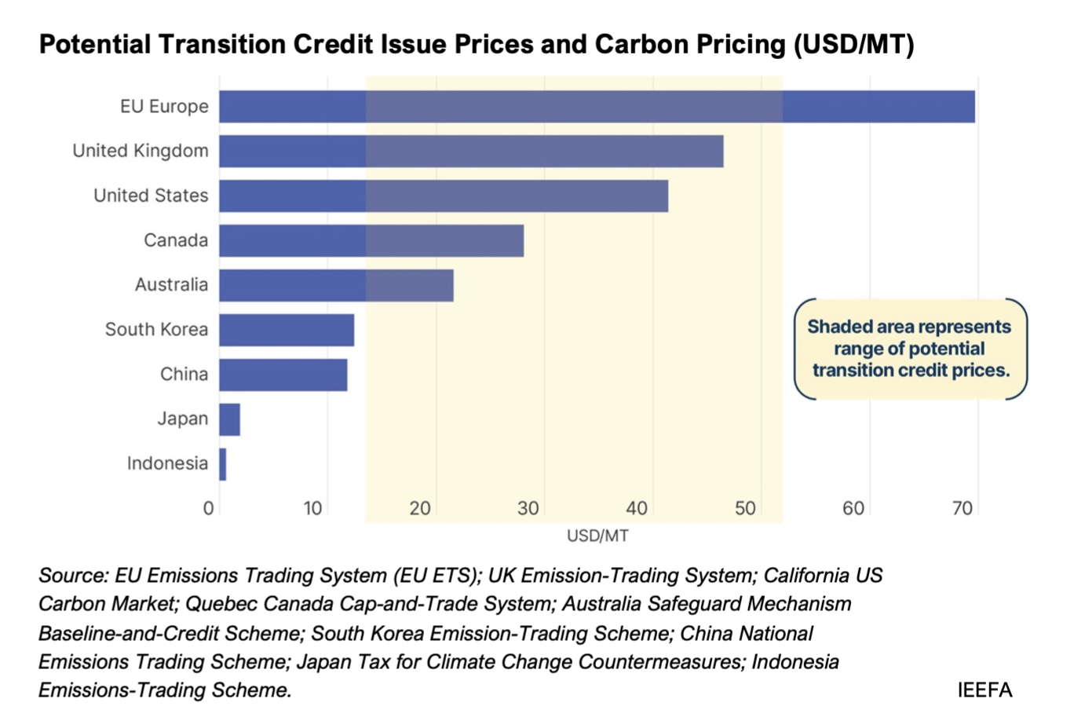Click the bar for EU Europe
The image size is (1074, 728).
[597, 107]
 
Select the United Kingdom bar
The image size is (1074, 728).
[471, 151]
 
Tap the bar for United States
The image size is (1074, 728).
[444, 196]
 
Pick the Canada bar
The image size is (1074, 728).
[371, 240]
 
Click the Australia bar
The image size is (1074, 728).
[336, 285]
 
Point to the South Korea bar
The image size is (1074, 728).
[287, 330]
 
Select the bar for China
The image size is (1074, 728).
[283, 375]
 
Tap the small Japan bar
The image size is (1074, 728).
[229, 419]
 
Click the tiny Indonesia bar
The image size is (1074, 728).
[223, 464]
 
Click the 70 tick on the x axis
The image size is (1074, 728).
[962, 509]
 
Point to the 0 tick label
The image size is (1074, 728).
[208, 509]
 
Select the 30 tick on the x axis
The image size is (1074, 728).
[528, 509]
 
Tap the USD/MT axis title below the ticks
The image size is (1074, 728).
[597, 536]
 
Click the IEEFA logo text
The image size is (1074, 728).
[984, 690]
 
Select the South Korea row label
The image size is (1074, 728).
[156, 330]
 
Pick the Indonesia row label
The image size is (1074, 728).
[167, 464]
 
